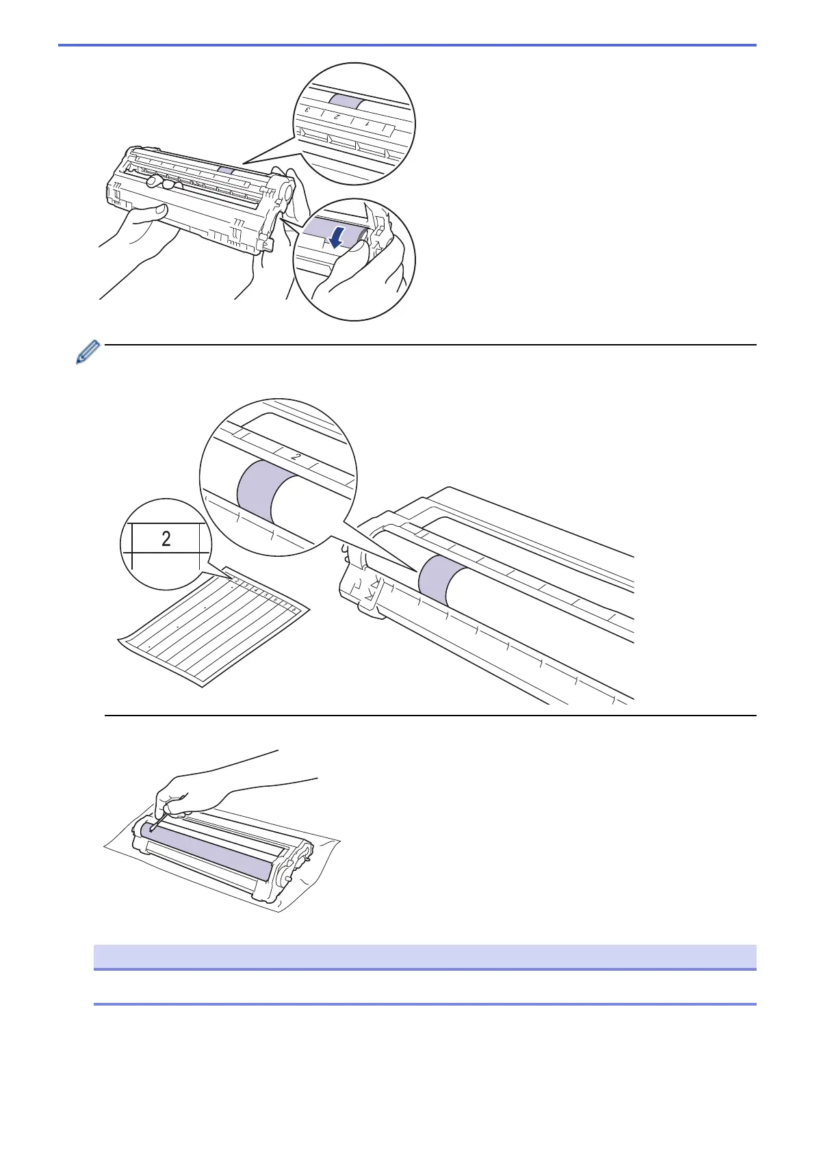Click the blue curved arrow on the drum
(x=335, y=235)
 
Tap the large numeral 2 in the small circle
(x=166, y=539)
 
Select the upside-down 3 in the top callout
(x=308, y=110)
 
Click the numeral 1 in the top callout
(x=367, y=124)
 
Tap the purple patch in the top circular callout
(x=347, y=101)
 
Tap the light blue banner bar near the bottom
(x=424, y=956)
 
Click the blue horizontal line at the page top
(x=407, y=45)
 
